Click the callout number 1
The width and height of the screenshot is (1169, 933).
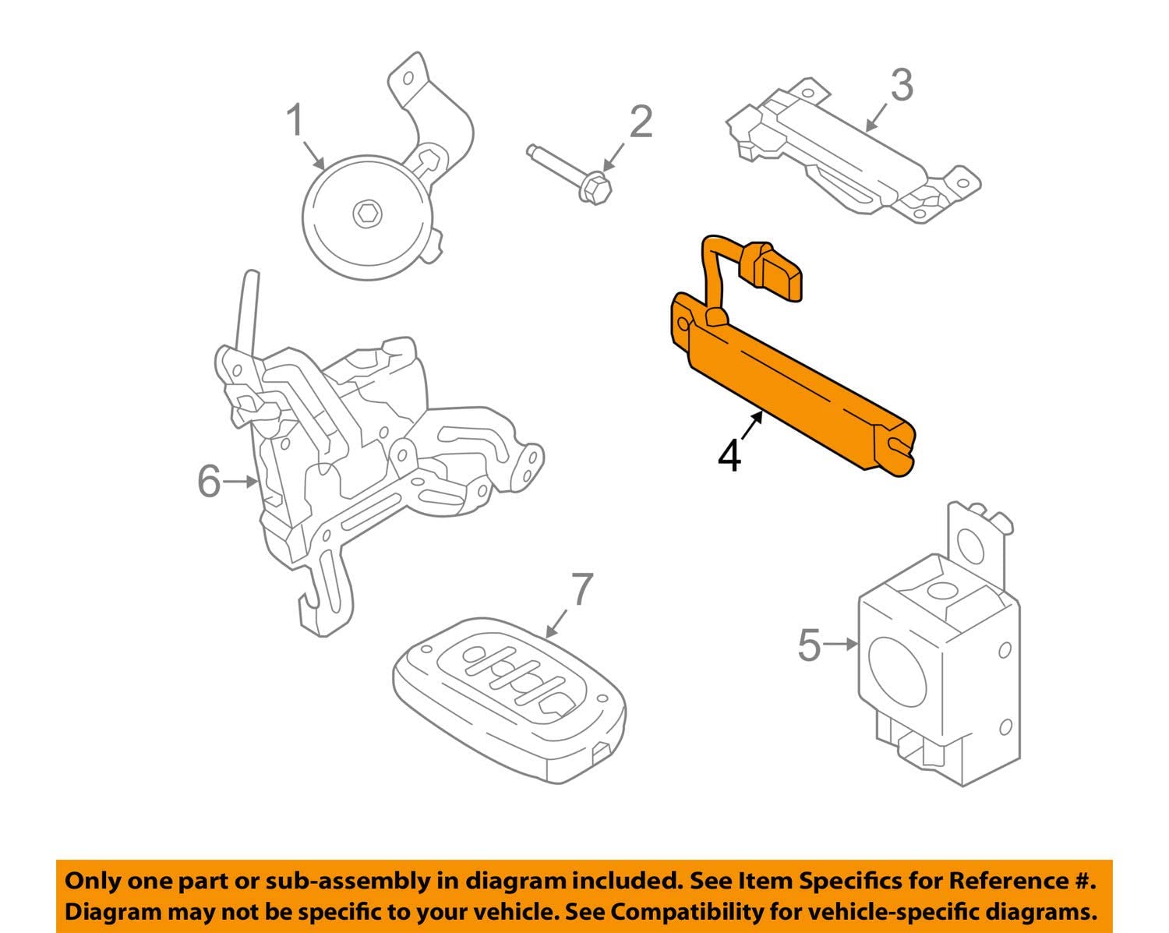(x=294, y=122)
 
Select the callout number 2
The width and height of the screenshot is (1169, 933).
(x=641, y=122)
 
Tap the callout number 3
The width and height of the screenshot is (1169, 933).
(x=901, y=85)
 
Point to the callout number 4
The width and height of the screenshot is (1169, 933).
(x=729, y=455)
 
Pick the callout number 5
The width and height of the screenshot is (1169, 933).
(x=810, y=645)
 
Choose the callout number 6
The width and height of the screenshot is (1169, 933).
(x=209, y=481)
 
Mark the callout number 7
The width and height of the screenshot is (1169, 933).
(x=582, y=590)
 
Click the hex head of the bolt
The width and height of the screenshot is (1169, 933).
(x=595, y=187)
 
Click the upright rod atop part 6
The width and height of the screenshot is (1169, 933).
(x=247, y=312)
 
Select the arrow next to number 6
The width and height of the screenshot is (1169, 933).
(x=241, y=482)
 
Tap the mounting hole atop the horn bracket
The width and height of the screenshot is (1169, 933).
(x=407, y=79)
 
